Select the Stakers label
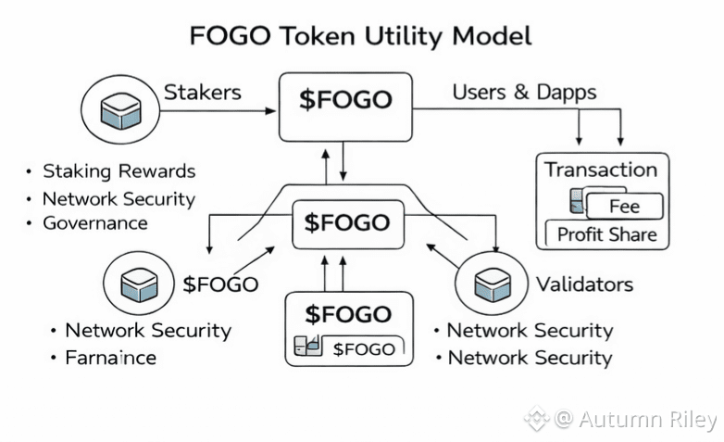coord(203,93)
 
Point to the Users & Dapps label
coord(524,93)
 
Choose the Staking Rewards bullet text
coord(119,171)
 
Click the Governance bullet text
coord(94,223)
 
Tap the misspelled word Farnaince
coord(110,358)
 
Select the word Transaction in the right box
coord(600,170)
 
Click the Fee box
coord(624,206)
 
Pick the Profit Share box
coord(606,234)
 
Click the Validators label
coord(585,284)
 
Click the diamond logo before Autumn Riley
coord(536,420)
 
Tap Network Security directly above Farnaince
coord(147,331)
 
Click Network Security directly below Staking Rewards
coord(119,199)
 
